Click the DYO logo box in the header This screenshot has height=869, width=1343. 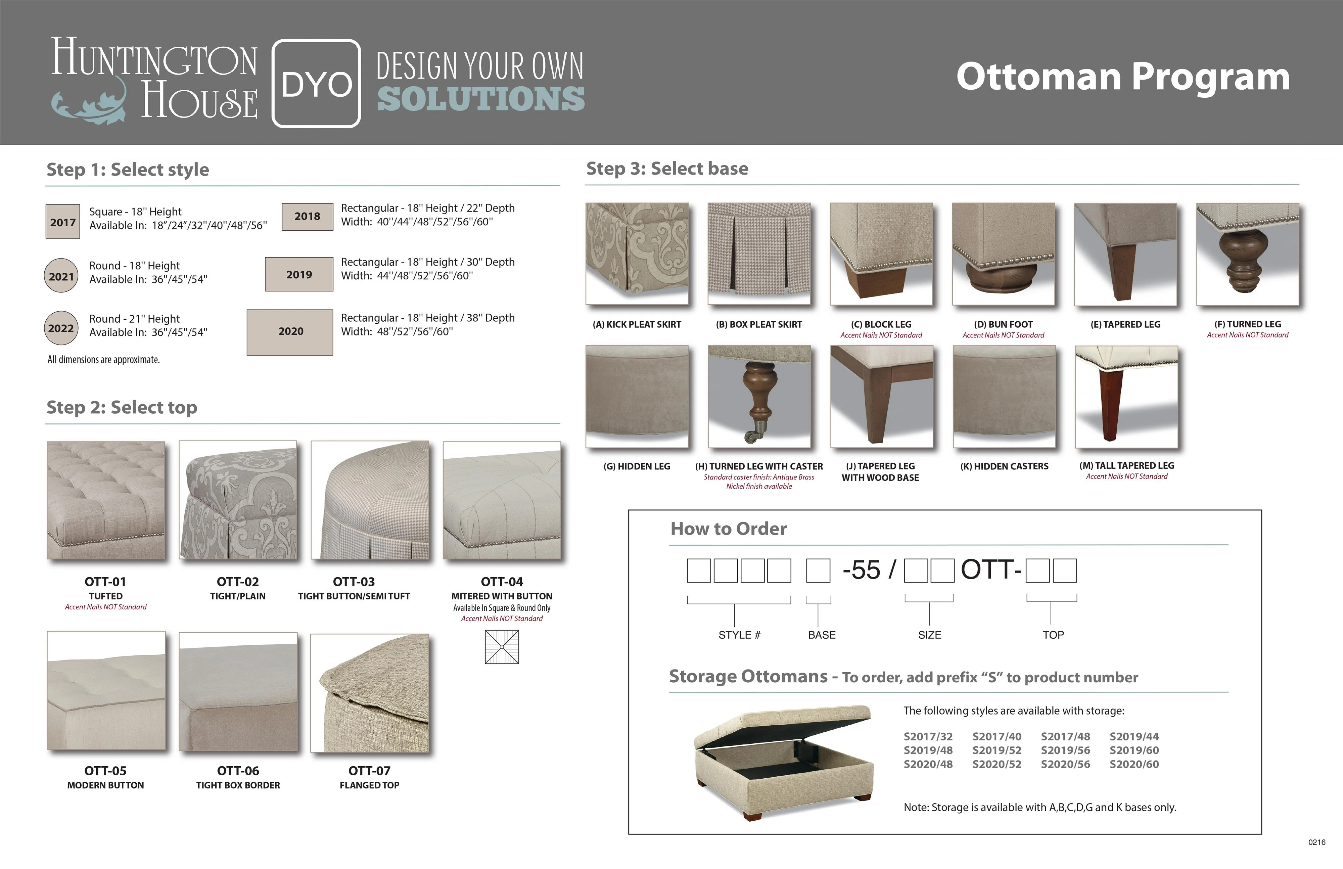click(x=316, y=84)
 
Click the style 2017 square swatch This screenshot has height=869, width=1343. click(x=63, y=222)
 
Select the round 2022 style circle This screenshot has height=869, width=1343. click(x=61, y=328)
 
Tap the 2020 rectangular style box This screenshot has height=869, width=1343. click(x=290, y=332)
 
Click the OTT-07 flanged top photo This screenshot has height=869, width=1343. click(x=370, y=693)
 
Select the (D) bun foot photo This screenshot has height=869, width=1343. click(x=1003, y=254)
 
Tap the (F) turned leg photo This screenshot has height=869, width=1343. click(x=1248, y=254)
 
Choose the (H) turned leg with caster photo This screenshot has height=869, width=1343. click(x=759, y=397)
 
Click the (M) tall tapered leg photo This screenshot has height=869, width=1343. click(x=1126, y=397)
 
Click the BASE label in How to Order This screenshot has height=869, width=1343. click(x=822, y=635)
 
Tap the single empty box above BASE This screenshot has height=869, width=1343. click(x=818, y=570)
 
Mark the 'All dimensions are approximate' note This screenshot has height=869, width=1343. click(x=104, y=359)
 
